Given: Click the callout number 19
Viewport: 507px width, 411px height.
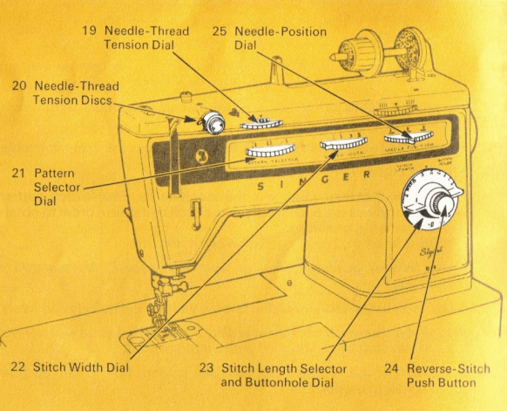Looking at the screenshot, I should [89, 31].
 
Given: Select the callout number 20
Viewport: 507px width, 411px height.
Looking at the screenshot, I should [19, 86].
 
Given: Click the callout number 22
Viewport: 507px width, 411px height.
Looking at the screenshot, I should [18, 366].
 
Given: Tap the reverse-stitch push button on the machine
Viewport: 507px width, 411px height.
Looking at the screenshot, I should [444, 208].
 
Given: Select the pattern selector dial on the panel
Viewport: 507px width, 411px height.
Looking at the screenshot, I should [270, 152].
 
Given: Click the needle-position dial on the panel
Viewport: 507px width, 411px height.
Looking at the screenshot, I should [406, 137].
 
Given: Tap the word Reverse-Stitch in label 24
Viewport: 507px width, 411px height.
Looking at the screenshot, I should [449, 367].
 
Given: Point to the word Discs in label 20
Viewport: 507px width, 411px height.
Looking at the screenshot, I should [102, 100].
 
